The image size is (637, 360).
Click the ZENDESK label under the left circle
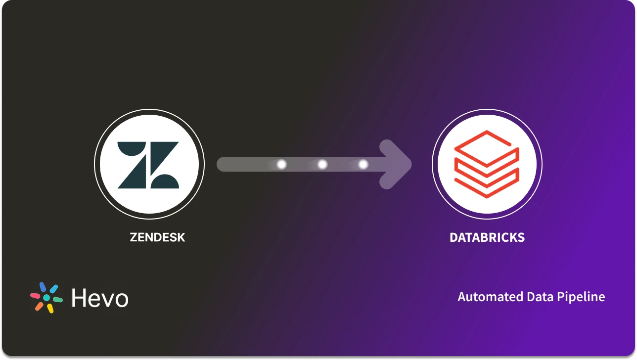(x=157, y=237)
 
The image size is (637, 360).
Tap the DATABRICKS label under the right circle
(x=487, y=237)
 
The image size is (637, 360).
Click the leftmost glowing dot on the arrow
(x=281, y=164)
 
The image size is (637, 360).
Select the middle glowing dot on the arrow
(x=322, y=164)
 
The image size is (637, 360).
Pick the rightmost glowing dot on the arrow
(x=363, y=164)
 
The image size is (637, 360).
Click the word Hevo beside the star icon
(x=100, y=298)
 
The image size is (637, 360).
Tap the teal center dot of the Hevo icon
(x=46, y=298)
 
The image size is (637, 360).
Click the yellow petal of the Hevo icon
(x=50, y=308)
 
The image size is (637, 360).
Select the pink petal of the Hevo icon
(x=36, y=296)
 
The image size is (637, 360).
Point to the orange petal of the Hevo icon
(x=39, y=306)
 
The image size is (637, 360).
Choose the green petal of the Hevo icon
(x=57, y=300)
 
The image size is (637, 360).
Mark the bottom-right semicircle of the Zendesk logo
(x=165, y=181)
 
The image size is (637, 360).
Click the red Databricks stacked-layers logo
(x=487, y=164)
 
